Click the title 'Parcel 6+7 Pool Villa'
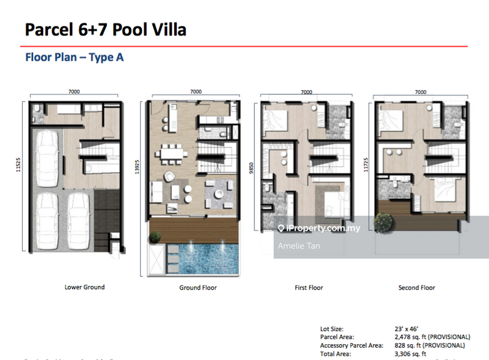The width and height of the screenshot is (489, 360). click(105, 29)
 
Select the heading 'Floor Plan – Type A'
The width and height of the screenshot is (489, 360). click(74, 57)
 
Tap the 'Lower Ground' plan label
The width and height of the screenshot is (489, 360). click(84, 287)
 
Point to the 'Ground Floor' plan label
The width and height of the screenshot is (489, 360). click(197, 287)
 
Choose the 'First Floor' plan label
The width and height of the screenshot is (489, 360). click(308, 287)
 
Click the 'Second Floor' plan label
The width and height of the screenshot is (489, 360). click(417, 287)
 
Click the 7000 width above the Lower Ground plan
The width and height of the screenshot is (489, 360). click(74, 92)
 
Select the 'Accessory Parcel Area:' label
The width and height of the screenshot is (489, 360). click(351, 345)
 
